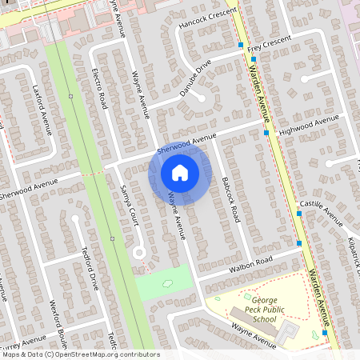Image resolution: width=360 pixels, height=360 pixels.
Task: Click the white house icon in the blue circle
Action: [180, 173]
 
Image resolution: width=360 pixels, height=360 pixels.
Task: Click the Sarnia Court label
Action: [129, 204]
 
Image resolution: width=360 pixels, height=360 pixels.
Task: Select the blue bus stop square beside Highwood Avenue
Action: [266, 133]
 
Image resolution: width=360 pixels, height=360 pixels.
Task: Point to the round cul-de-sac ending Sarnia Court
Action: [138, 252]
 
